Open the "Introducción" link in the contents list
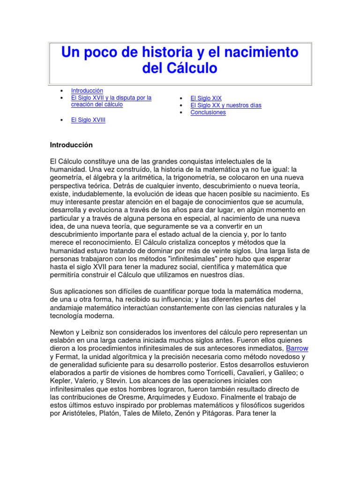[87, 90]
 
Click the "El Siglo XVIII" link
[88, 120]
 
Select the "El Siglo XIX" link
[206, 98]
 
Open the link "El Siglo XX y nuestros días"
[226, 105]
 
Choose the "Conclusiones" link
[208, 112]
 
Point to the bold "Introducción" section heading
[71, 145]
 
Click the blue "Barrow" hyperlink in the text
[297, 349]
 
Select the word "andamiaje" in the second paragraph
[66, 307]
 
